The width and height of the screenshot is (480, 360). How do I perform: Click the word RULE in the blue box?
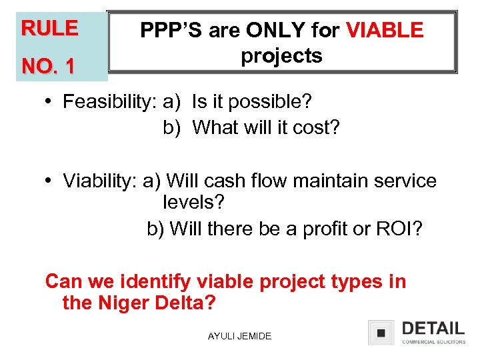coord(49,29)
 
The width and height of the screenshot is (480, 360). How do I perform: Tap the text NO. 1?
coord(49,67)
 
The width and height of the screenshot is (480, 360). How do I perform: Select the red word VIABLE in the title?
coord(385,31)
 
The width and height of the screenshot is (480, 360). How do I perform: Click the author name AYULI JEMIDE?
coord(240,336)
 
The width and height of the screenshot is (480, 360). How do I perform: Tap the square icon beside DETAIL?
coord(381,332)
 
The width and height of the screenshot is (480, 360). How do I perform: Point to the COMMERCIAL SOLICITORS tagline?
coord(433,342)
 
